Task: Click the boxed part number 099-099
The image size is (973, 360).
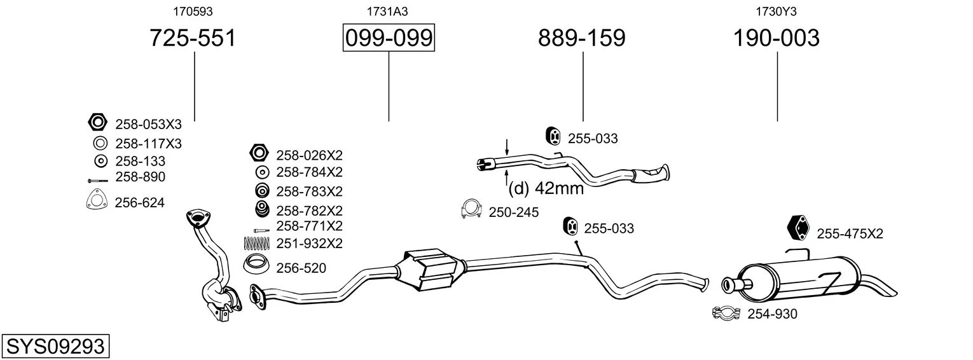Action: pos(389,38)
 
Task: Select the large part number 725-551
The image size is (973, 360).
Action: pos(193,38)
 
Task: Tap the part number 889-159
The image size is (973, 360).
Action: pos(582,38)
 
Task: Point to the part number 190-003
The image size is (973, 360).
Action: pos(776,38)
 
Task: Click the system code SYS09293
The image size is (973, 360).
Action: pos(55,347)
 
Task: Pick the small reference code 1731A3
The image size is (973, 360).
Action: pos(387,11)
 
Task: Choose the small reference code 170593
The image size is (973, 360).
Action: pos(193,11)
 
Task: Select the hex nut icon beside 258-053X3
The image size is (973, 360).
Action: pos(97,122)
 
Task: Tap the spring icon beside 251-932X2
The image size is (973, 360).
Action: pos(257,243)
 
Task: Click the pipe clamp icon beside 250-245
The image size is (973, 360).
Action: pos(471,209)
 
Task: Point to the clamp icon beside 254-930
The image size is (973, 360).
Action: pos(726,313)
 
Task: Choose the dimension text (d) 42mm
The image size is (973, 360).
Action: pos(546,188)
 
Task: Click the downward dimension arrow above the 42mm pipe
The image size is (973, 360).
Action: pos(506,148)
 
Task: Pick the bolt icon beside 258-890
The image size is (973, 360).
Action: pos(98,180)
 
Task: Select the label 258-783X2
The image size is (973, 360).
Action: pos(309,191)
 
